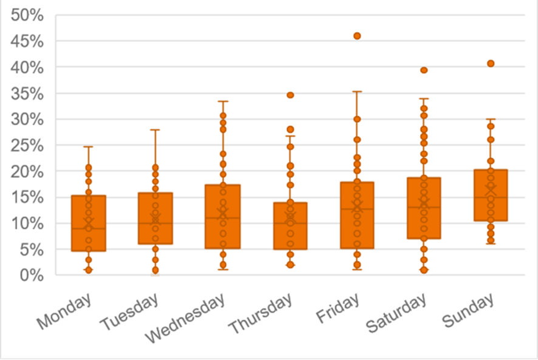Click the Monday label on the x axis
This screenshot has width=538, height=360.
(x=64, y=311)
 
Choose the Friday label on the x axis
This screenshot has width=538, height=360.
(x=338, y=307)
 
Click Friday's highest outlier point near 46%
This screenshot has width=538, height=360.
(x=357, y=36)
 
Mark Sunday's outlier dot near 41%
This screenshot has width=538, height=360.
(x=491, y=63)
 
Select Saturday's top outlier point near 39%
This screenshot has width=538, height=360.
(x=424, y=70)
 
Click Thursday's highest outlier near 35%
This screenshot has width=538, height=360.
(x=290, y=95)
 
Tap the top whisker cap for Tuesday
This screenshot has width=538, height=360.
(x=155, y=129)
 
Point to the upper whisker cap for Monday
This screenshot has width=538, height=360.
(x=89, y=146)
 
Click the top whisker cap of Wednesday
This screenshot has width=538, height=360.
(x=223, y=101)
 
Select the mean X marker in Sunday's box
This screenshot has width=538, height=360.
(x=491, y=189)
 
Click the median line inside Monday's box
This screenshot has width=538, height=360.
(x=89, y=228)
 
